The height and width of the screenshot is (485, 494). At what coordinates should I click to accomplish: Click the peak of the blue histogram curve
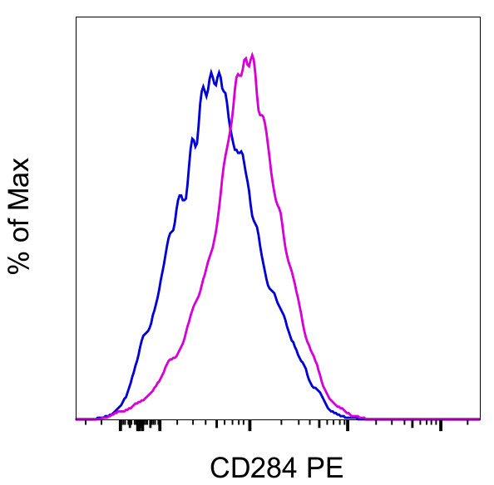[212, 70]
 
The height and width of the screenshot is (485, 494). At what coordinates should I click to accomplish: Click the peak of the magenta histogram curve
[251, 55]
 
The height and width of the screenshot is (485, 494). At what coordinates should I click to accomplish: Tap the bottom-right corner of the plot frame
[480, 420]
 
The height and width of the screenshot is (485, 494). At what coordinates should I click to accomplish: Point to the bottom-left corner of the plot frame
[76, 420]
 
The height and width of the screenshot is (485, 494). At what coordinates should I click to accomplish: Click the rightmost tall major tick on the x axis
[440, 425]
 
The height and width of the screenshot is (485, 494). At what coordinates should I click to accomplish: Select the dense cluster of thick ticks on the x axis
[139, 426]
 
